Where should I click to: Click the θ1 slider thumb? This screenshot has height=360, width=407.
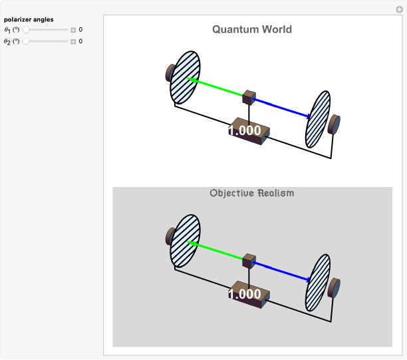[26, 30]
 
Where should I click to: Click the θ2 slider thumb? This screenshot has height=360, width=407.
[26, 41]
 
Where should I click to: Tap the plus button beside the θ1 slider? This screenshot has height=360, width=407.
[73, 30]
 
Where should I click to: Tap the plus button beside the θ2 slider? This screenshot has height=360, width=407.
[73, 41]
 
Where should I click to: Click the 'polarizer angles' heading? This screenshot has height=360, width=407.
[29, 19]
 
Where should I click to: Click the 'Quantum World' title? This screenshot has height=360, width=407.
[252, 29]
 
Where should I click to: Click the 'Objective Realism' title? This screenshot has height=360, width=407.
[252, 193]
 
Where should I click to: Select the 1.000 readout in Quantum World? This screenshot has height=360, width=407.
[245, 131]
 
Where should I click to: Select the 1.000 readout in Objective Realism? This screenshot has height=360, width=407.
[245, 294]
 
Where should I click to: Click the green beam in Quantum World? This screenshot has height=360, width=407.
[216, 88]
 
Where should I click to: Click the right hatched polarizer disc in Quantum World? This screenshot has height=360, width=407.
[318, 119]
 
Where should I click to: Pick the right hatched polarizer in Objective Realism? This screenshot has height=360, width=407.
[318, 282]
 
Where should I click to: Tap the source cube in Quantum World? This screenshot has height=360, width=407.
[249, 97]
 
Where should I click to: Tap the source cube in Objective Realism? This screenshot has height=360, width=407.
[249, 260]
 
